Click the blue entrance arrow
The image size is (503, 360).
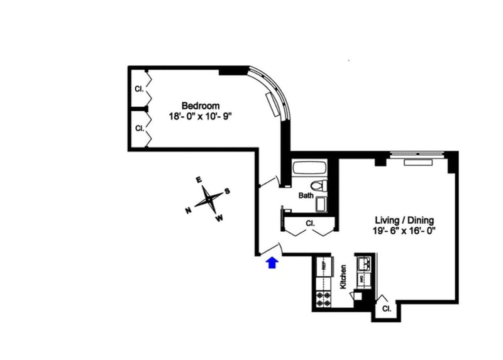pyautogui.click(x=272, y=263)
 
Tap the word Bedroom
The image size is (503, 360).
pyautogui.click(x=201, y=105)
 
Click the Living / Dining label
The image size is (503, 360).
pyautogui.click(x=405, y=221)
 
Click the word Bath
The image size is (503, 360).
pyautogui.click(x=306, y=195)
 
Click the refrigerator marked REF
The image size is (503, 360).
pyautogui.click(x=323, y=265)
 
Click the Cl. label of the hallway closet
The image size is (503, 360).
pyautogui.click(x=310, y=223)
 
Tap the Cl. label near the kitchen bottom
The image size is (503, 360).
pyautogui.click(x=386, y=309)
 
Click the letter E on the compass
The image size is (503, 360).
pyautogui.click(x=199, y=180)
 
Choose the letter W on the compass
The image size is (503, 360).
pyautogui.click(x=219, y=219)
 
